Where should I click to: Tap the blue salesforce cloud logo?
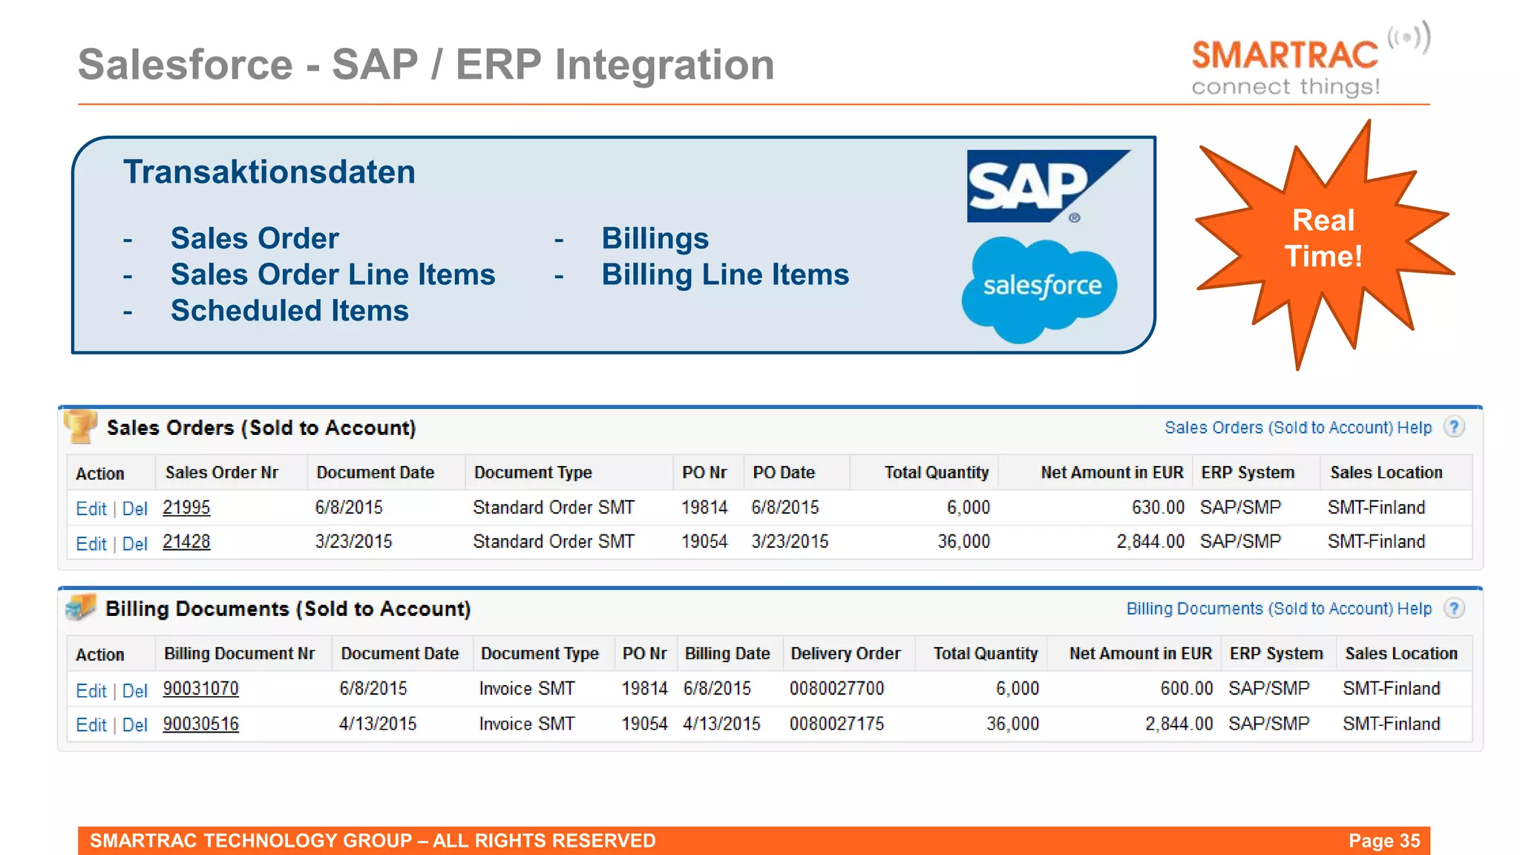tap(1041, 288)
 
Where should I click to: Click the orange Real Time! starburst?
tap(1323, 239)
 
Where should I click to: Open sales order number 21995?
tap(186, 508)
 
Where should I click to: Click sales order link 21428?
tap(186, 542)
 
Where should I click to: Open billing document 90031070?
tap(200, 689)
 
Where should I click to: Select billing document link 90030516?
tap(200, 724)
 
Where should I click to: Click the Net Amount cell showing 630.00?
tap(1157, 508)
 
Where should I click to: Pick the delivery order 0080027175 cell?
tap(836, 724)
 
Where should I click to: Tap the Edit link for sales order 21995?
tap(91, 509)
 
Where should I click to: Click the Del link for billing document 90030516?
tap(135, 725)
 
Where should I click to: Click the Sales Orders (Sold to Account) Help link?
tap(1297, 427)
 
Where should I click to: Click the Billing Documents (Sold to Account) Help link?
tap(1278, 609)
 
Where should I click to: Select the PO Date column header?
tap(784, 473)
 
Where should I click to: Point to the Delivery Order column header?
tap(845, 654)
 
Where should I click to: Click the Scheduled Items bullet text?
tap(289, 311)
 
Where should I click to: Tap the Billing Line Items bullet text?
tap(725, 275)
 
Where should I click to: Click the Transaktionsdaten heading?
tap(269, 172)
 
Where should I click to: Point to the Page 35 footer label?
tap(1383, 841)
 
